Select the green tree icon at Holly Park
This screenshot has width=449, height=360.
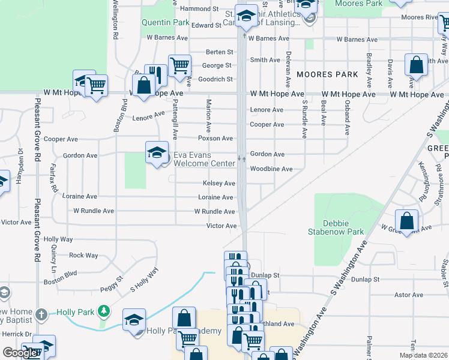pos(104,311)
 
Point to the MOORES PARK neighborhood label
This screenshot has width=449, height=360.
pos(327,75)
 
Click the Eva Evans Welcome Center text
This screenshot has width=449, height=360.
pos(204,159)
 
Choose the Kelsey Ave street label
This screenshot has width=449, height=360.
pos(219,183)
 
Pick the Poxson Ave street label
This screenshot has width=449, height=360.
pos(215,139)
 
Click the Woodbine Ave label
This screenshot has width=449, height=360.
pos(271,169)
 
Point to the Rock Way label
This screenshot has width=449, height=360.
pos(83,256)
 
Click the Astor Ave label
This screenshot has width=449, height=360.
pos(409,295)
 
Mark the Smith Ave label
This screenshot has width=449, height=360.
pos(265,60)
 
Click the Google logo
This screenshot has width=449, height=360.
pos(20,353)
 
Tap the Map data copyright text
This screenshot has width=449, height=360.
pos(423,355)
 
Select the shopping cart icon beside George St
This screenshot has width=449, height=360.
pos(179,65)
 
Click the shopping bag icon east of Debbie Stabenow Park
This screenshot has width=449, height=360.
pos(407,220)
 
